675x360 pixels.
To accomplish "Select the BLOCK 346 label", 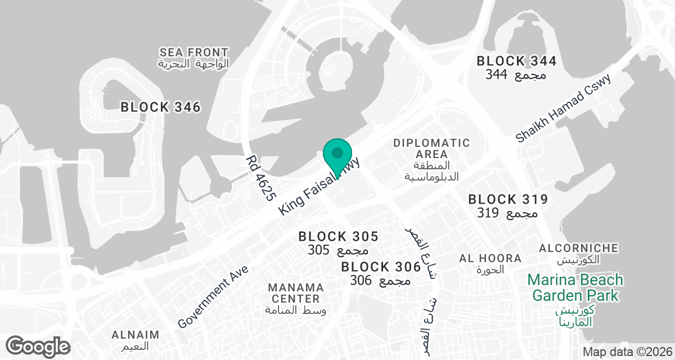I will (160, 107).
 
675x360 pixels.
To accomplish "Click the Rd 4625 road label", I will (260, 178).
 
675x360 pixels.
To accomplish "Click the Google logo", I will (38, 345).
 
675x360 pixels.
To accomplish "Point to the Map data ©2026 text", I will (627, 352).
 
